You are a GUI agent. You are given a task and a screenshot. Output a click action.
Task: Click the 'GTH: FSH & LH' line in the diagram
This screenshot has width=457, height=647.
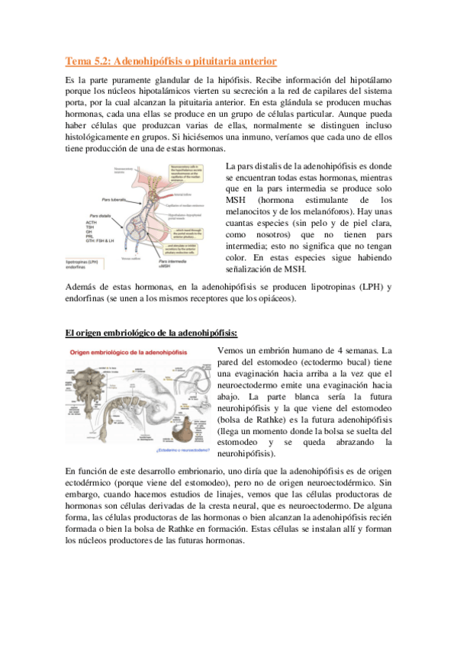coord(105,241)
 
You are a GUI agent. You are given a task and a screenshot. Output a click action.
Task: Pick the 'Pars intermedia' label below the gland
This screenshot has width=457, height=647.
coord(175,261)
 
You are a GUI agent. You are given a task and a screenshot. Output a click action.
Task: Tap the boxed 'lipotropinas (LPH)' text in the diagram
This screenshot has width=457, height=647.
coord(86,262)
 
